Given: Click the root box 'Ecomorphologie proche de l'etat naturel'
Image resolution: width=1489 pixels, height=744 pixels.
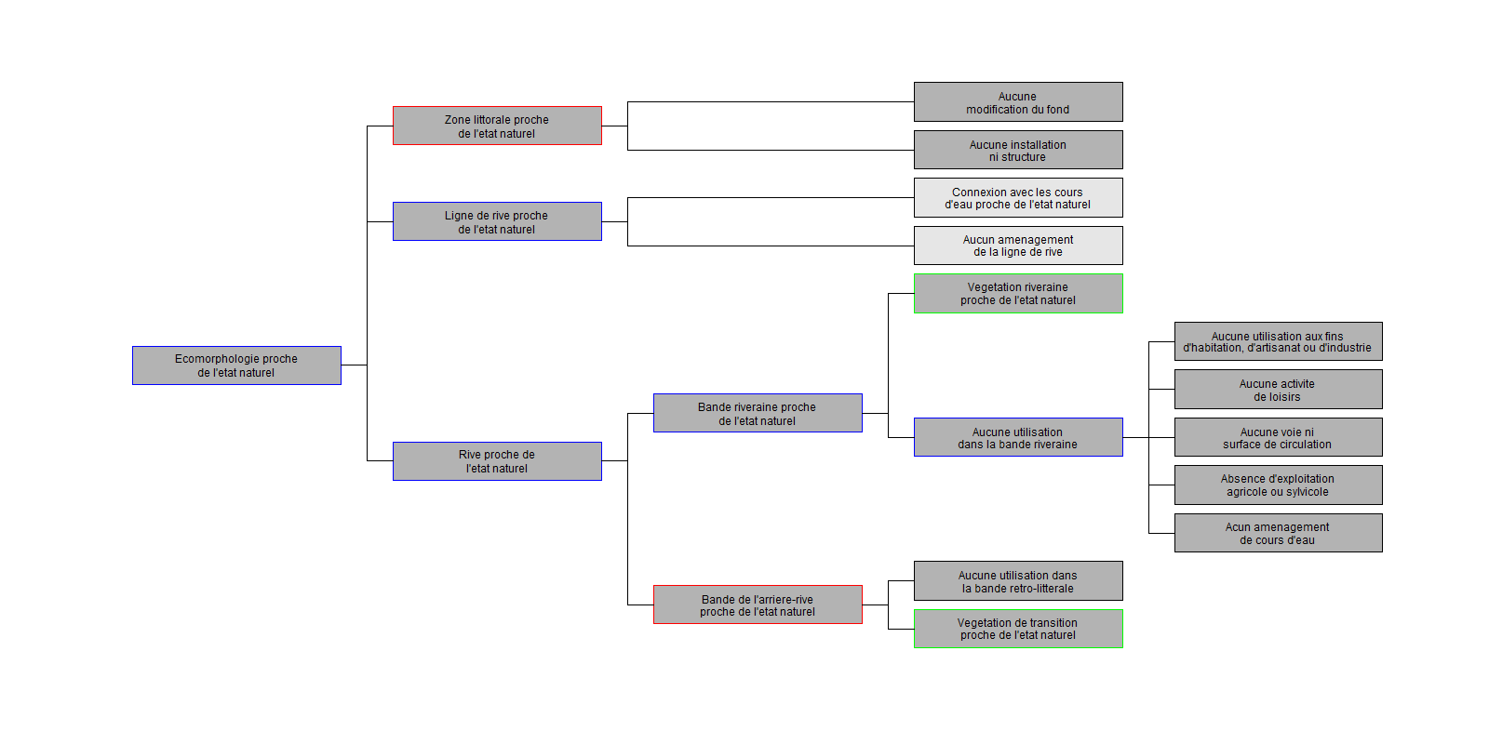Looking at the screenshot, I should click(236, 365).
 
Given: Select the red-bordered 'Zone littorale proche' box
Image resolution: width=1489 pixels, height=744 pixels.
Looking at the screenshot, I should click(497, 126).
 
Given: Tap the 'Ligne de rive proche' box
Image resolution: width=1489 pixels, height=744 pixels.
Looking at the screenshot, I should click(497, 221).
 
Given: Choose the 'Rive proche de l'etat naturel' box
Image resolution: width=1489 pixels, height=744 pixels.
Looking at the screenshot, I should click(497, 461).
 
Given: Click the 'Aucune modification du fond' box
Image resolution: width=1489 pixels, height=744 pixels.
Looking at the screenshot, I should click(1018, 102).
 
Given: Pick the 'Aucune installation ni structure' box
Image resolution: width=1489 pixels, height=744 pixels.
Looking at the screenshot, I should click(1018, 150).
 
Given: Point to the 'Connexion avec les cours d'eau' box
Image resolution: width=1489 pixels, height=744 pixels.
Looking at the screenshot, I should click(1018, 198).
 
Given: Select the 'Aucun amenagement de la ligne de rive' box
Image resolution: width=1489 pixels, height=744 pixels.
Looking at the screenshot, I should click(1018, 246).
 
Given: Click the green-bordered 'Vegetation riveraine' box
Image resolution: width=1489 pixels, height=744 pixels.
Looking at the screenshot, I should click(1018, 294).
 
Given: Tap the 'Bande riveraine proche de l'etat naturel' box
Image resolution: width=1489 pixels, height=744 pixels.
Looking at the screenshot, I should click(758, 413).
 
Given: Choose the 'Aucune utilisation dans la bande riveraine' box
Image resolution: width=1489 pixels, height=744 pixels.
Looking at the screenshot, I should click(1018, 437).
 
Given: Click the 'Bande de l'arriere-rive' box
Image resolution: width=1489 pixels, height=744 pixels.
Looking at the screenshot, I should click(758, 604).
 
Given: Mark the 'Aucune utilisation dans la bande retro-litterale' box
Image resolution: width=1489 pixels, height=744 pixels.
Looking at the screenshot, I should click(1018, 581).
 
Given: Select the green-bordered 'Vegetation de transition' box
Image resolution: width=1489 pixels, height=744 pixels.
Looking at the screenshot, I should click(1018, 629).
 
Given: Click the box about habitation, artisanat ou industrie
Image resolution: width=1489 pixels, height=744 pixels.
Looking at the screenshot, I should click(1278, 341).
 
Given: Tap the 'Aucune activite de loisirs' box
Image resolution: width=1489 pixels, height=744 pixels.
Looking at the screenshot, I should click(1278, 390).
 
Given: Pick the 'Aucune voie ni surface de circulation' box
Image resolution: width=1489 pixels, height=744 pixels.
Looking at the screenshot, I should click(1278, 437).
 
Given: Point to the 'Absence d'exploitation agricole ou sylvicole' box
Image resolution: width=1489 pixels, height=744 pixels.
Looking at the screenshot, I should click(1278, 485).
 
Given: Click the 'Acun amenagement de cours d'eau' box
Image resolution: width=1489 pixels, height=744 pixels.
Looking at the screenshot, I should click(1278, 533).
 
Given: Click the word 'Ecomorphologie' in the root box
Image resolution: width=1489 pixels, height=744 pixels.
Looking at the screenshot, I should click(217, 359).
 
